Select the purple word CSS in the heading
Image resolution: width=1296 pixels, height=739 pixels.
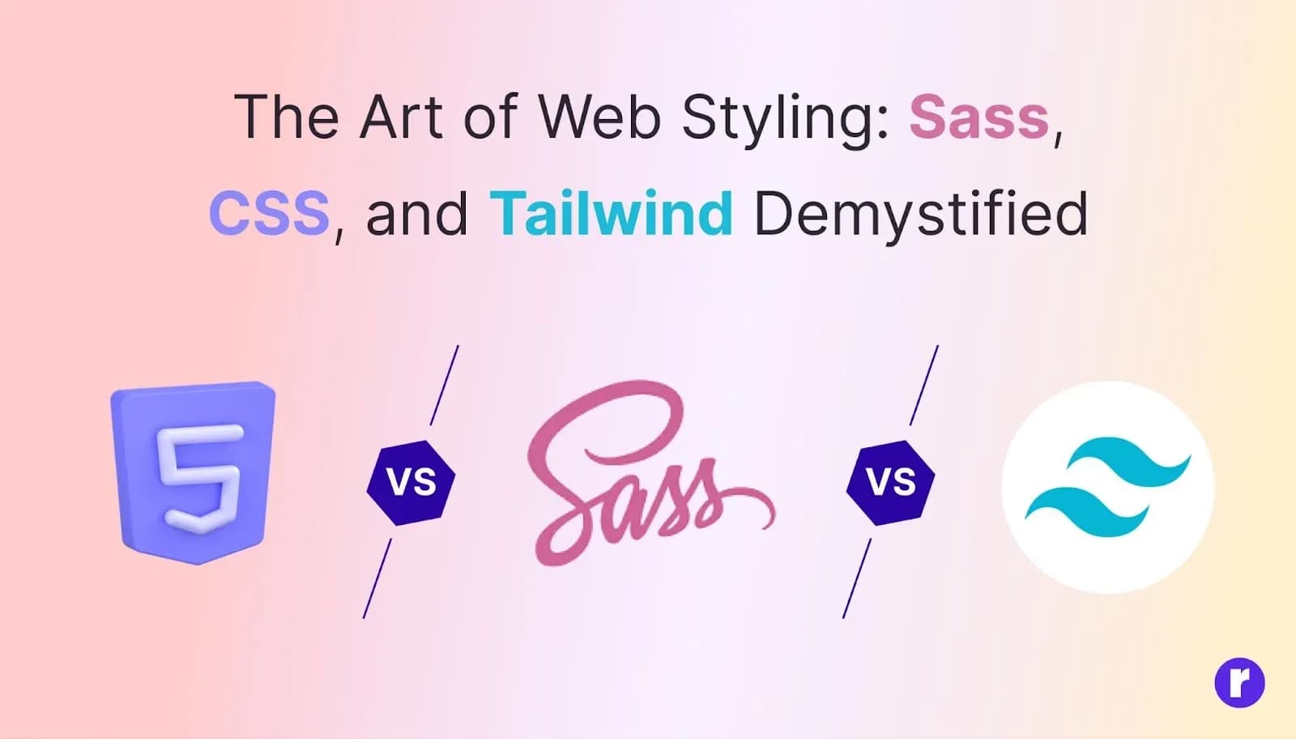click(269, 213)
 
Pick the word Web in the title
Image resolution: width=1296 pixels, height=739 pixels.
click(599, 117)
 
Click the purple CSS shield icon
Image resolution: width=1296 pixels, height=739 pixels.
click(194, 472)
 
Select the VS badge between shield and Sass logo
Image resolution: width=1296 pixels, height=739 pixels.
click(411, 483)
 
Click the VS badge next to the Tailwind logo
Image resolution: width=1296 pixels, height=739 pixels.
click(890, 483)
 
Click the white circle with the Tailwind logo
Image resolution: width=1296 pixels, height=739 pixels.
click(1108, 487)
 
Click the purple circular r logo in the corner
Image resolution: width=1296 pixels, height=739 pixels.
click(1240, 683)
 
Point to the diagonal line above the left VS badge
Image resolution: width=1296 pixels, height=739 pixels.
click(445, 386)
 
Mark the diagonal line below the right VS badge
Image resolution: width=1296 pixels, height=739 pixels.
click(857, 579)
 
